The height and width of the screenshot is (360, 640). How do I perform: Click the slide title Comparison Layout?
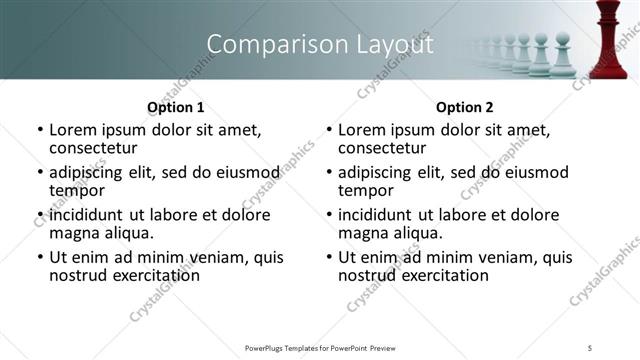(320, 45)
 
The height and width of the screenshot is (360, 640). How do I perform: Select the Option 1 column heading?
(176, 107)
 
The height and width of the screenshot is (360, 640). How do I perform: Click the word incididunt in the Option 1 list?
(85, 215)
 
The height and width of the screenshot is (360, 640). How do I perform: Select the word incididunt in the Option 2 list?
(374, 215)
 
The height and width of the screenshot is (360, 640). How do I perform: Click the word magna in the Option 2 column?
(363, 233)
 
